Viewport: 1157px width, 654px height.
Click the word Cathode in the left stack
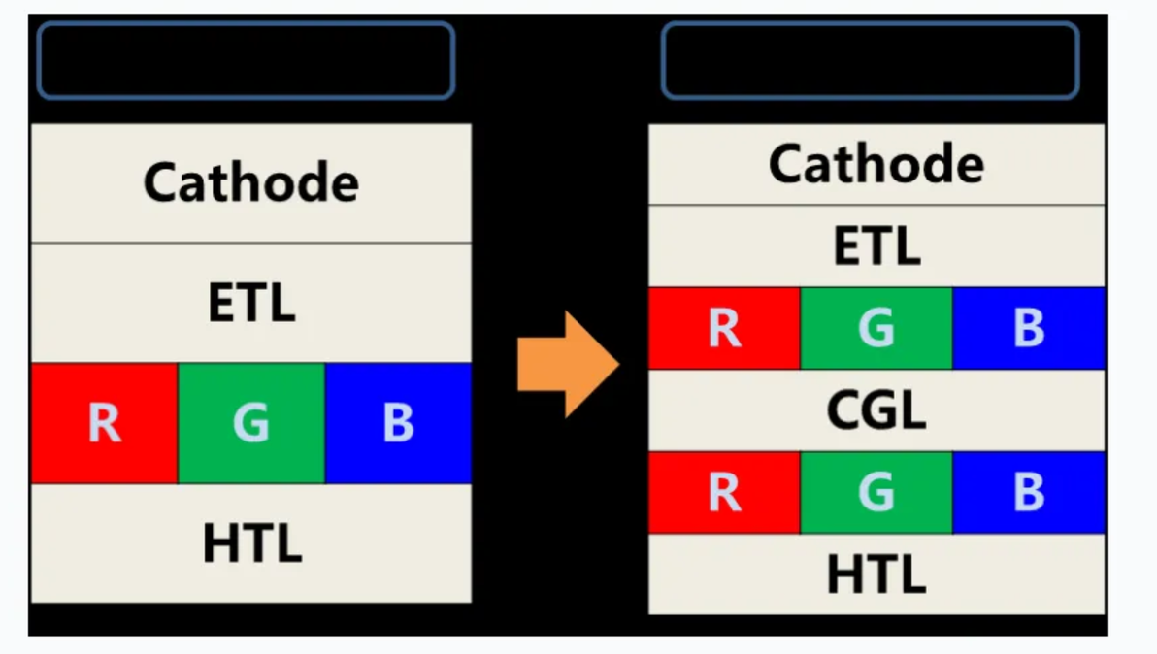pos(250,182)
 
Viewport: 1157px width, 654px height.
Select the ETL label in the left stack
pos(251,303)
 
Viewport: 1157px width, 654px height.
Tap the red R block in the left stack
pos(104,422)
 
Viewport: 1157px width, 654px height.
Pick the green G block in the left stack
pos(250,422)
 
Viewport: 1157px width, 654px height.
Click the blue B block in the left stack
pos(398,422)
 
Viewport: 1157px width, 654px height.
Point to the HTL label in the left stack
pos(252,542)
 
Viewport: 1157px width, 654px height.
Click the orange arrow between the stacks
pos(568,364)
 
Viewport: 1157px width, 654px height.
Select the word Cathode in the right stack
pos(876,164)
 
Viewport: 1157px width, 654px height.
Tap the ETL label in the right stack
pos(876,245)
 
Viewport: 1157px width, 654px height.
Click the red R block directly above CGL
pos(724,328)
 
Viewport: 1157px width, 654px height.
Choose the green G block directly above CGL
pos(876,328)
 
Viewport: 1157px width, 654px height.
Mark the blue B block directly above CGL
pos(1029,328)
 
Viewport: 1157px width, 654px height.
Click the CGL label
pos(876,409)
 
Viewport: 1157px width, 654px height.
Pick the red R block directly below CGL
pos(724,493)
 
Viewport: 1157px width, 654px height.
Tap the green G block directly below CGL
pos(876,493)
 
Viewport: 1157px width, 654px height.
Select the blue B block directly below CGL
pos(1029,493)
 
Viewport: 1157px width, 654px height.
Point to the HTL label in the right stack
pos(876,573)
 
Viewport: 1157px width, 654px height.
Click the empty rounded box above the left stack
pos(246,24)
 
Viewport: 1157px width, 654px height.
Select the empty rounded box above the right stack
pos(871,24)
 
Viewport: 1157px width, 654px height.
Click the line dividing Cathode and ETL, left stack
pos(250,242)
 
